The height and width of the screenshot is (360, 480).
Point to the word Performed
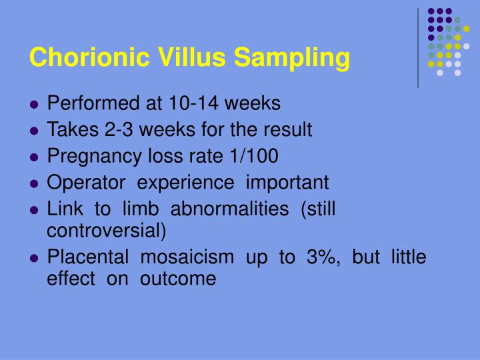click(89, 104)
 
